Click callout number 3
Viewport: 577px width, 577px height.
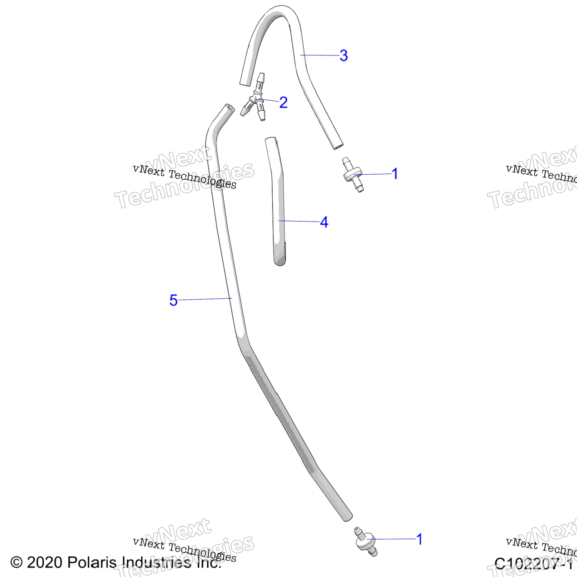click(344, 55)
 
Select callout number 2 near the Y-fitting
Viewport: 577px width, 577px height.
click(283, 102)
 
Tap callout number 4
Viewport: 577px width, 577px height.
click(324, 222)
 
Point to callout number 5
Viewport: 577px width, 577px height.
click(173, 300)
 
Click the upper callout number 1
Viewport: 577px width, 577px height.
click(395, 174)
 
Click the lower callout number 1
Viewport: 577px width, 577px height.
click(420, 539)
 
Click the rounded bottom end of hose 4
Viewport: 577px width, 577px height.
click(280, 261)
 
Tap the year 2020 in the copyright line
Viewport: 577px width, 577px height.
click(44, 562)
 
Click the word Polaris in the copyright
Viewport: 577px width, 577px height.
click(91, 562)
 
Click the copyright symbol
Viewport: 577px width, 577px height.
click(16, 562)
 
